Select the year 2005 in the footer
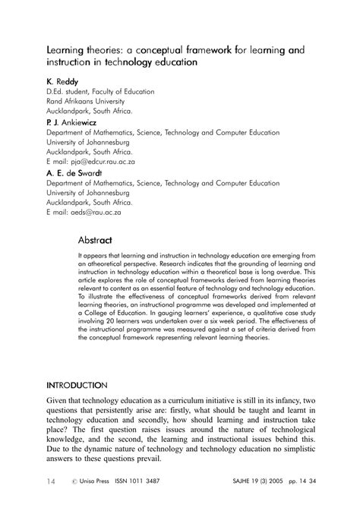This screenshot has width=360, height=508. tap(282, 481)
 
